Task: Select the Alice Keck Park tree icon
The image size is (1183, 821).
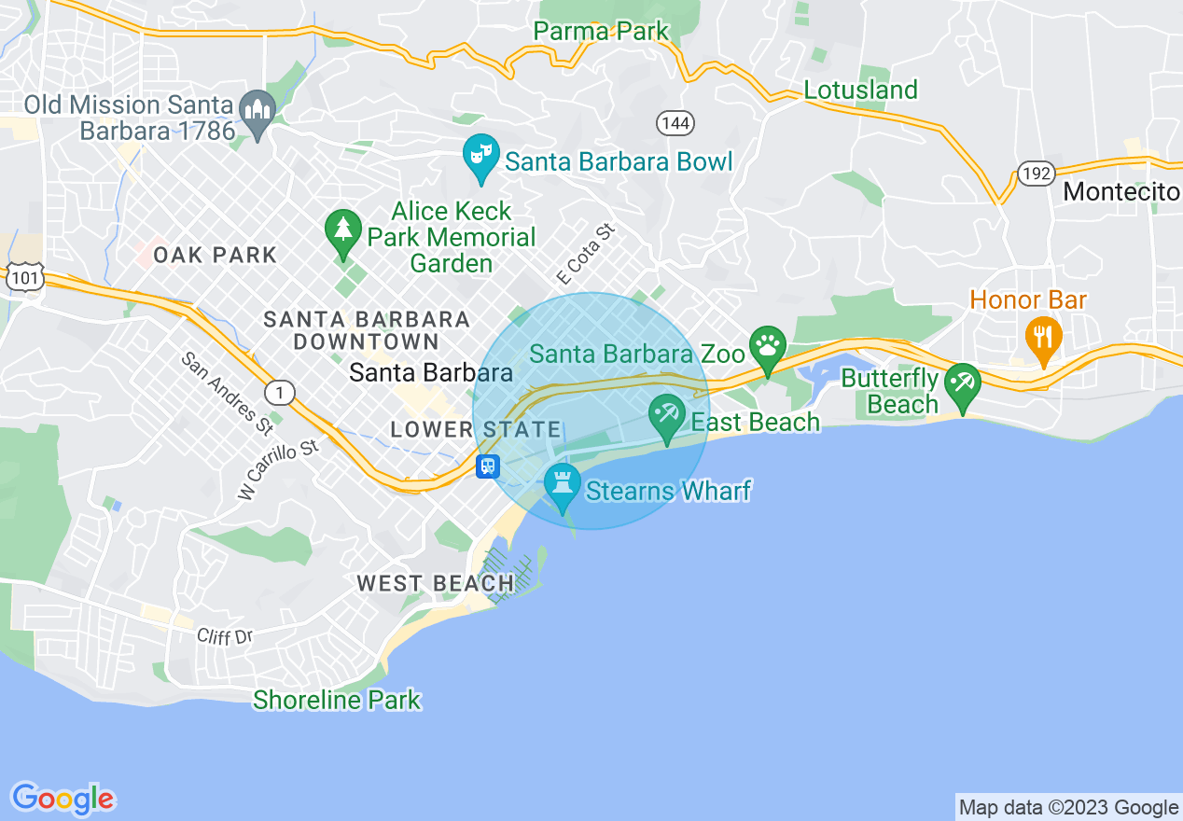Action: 343,231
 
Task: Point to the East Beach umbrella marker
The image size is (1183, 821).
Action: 667,415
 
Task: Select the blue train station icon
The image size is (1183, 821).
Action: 488,466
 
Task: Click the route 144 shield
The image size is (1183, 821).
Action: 675,122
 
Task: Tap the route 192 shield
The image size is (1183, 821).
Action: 1036,173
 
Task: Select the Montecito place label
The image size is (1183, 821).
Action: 1121,192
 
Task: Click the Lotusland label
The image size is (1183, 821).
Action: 860,90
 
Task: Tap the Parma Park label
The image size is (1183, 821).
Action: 601,31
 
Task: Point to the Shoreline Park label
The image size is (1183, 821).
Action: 337,700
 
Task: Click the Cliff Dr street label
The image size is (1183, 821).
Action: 225,636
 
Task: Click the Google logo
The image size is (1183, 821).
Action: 63,799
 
